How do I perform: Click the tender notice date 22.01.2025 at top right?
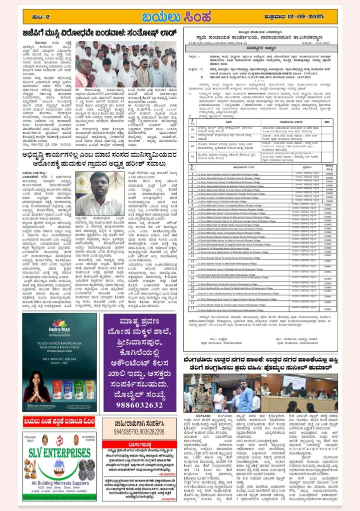(x=326, y=41)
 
